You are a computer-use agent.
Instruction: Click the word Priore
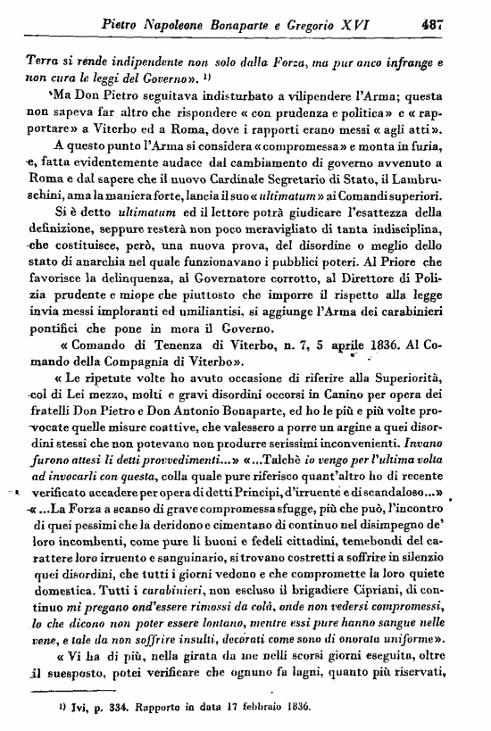(412, 267)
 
